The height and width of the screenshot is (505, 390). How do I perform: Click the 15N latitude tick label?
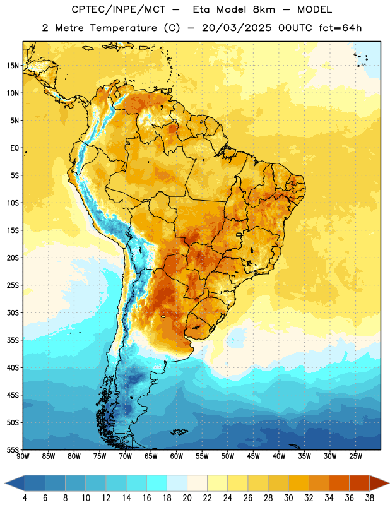[13, 66]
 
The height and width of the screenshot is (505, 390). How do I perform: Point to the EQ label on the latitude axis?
[15, 148]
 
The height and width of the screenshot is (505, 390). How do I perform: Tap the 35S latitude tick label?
[13, 340]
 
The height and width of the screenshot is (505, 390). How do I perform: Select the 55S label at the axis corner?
[13, 449]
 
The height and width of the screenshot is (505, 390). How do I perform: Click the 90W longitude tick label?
[23, 456]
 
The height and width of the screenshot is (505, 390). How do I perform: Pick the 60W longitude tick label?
[177, 456]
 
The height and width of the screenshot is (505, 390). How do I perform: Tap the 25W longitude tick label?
[355, 456]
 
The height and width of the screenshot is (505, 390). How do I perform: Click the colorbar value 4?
[25, 498]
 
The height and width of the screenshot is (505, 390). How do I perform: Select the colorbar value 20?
[187, 498]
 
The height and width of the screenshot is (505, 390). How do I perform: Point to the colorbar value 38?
[370, 498]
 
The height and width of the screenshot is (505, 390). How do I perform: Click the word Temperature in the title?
[123, 28]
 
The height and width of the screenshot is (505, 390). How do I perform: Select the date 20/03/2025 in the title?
[237, 28]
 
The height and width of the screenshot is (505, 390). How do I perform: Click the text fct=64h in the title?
[340, 28]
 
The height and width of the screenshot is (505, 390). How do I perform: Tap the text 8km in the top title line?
[264, 9]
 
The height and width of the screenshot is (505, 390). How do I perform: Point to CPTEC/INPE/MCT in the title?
[119, 10]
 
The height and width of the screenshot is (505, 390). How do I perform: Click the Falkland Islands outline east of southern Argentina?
[179, 432]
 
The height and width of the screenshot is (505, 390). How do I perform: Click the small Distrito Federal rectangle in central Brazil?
[239, 235]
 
